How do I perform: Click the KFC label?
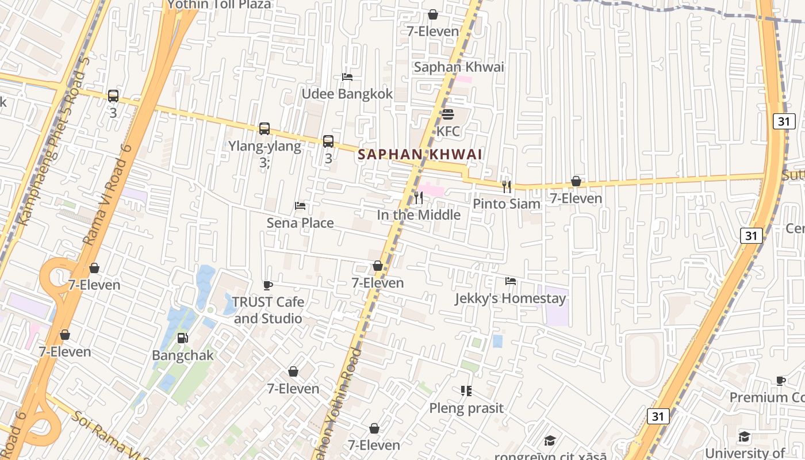coord(448,132)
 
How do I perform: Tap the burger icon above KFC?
coord(448,114)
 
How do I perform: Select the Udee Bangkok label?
coord(347,94)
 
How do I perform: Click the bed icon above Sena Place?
coord(300,205)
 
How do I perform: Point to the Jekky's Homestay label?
coord(511,298)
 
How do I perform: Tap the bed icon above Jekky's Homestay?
coord(510,281)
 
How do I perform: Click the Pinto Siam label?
coord(507,204)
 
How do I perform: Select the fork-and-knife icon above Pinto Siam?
coord(507,186)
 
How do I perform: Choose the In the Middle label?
coord(419,214)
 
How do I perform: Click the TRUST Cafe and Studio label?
coord(267,310)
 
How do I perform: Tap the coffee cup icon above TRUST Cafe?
coord(267,285)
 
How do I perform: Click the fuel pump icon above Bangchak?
coord(182,338)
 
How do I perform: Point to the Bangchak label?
coord(182,355)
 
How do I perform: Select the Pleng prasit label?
coord(466,408)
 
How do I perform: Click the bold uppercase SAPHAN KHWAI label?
coord(420,154)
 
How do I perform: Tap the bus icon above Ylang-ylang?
coord(264,129)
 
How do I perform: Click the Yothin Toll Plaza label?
coord(218,5)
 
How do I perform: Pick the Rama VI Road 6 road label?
coord(108,195)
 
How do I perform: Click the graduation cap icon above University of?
coord(745,436)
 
